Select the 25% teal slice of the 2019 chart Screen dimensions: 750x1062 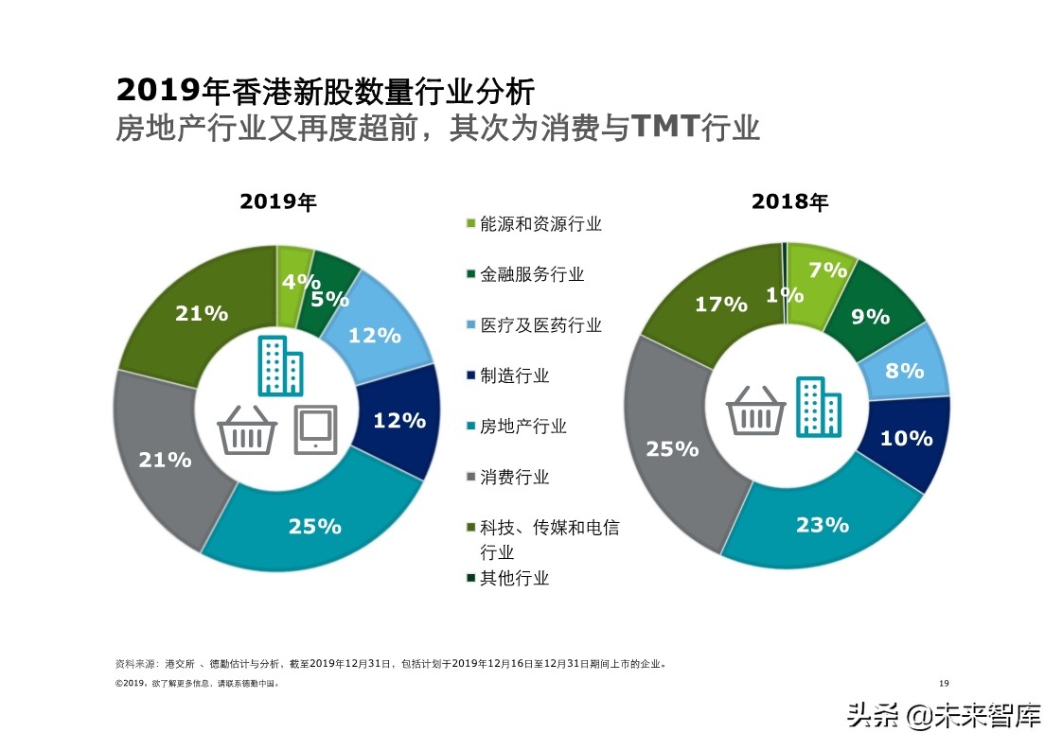pos(315,525)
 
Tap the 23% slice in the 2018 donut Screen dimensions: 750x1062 pos(822,523)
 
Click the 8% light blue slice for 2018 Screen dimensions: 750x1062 pos(905,370)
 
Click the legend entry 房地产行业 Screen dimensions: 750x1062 pos(523,427)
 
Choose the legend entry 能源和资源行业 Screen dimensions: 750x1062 pos(540,223)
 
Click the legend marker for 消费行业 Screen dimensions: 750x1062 pos(470,477)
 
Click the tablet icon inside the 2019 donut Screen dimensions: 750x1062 pos(315,428)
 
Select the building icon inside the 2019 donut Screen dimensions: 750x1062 pos(280,365)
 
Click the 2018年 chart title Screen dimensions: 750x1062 pos(789,201)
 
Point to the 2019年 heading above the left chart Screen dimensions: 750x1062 pos(277,201)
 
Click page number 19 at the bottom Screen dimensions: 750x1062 pos(943,683)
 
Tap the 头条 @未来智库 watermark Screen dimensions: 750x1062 pos(944,714)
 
